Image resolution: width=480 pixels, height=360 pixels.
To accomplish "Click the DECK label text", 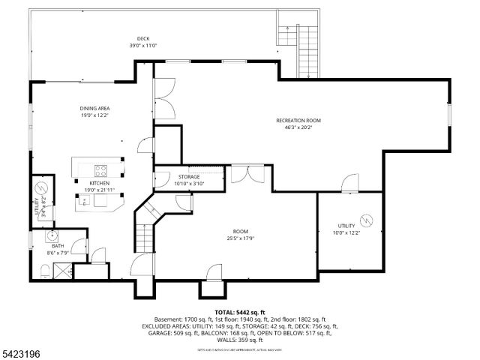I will pos(142,38).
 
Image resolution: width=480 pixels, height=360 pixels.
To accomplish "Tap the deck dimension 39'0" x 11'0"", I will pos(142,45).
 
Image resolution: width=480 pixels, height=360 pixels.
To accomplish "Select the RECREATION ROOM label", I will pos(298,120).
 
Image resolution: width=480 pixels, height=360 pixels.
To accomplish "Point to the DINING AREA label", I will pos(95,109).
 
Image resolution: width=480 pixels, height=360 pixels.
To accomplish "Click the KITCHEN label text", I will pos(100,183).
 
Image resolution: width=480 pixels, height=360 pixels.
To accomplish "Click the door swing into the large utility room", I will pos(349,183).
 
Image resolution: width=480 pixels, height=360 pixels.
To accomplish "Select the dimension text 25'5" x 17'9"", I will pos(240,239).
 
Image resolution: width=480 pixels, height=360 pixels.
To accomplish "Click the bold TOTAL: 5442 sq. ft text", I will pos(240,311).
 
